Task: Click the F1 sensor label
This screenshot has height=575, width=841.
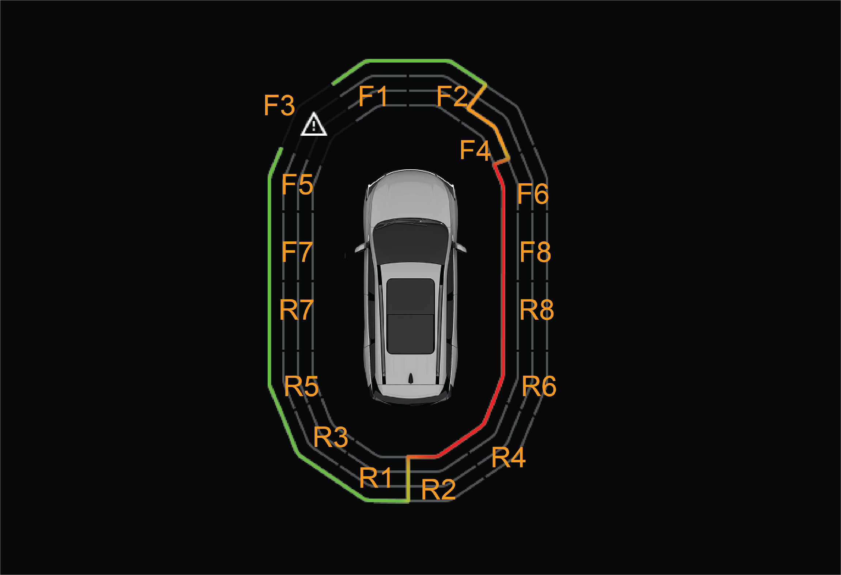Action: (x=373, y=96)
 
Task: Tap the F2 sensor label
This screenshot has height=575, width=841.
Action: (x=452, y=96)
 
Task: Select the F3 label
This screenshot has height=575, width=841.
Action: (x=279, y=105)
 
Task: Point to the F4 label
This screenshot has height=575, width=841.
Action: (x=475, y=150)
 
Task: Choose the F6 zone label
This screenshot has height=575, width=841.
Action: (x=533, y=193)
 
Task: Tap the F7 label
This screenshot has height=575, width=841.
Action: (x=297, y=252)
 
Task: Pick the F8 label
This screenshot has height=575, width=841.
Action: (x=535, y=252)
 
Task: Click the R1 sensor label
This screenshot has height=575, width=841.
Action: (x=376, y=477)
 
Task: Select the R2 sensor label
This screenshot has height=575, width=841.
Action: (x=438, y=489)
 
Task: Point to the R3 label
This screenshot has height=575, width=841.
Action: (x=331, y=437)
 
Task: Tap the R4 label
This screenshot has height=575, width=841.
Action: (x=509, y=457)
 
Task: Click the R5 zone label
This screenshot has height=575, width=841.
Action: (x=301, y=386)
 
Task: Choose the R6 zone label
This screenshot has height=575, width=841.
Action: (x=539, y=386)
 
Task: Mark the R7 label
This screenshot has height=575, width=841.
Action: (x=296, y=310)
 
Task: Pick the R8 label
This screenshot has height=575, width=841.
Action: (x=537, y=310)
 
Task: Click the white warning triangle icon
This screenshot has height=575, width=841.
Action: (x=314, y=124)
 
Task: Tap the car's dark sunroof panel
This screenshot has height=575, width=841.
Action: (x=411, y=316)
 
